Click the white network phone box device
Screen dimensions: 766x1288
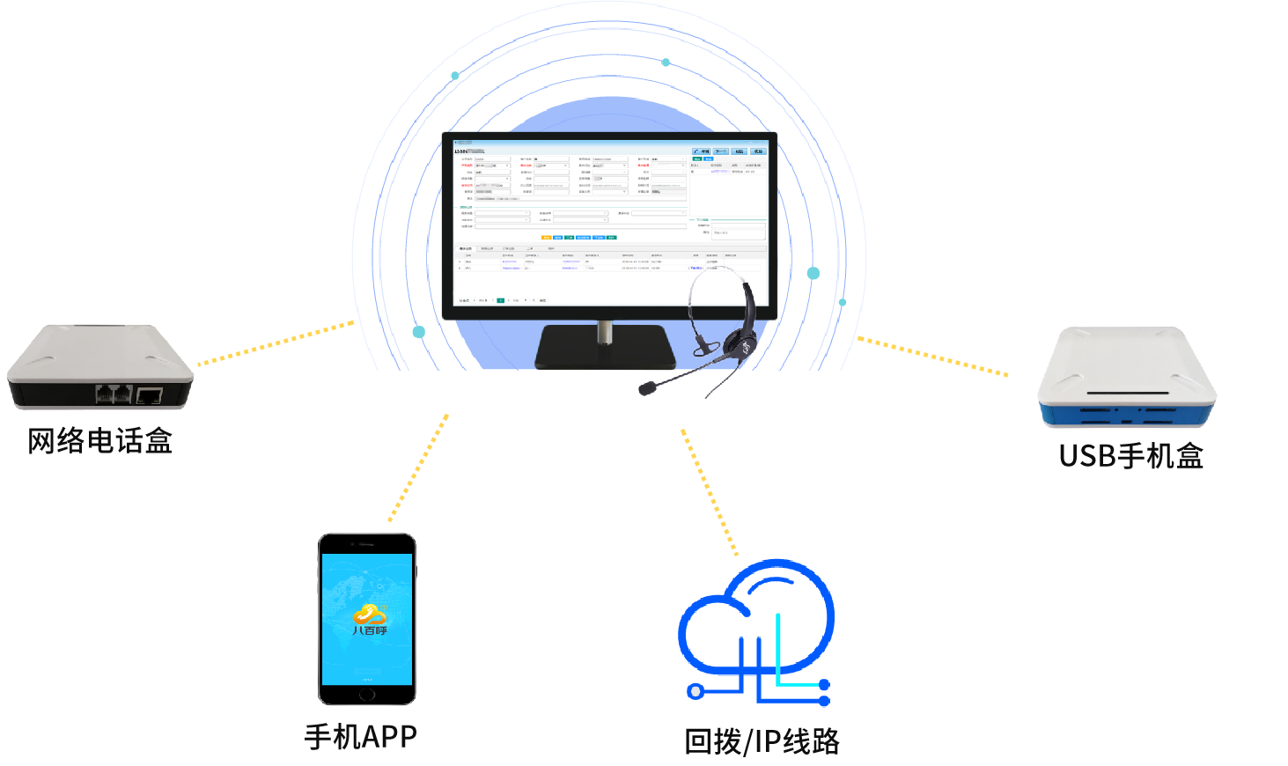click(99, 365)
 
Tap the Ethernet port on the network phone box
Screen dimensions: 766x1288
click(149, 395)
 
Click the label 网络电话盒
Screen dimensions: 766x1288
click(99, 440)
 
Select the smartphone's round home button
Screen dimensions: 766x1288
click(366, 694)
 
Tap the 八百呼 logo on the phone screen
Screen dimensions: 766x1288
click(370, 618)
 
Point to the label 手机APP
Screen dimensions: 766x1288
click(361, 737)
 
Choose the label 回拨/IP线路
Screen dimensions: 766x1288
click(762, 741)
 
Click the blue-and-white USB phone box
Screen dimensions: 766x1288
click(1127, 379)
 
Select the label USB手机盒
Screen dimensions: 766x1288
click(1131, 455)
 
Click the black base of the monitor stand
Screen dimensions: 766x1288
click(605, 348)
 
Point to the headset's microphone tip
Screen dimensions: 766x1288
click(648, 387)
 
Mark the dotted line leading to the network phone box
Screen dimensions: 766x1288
click(276, 342)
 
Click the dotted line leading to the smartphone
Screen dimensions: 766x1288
click(419, 467)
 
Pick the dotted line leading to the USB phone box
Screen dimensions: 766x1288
click(933, 357)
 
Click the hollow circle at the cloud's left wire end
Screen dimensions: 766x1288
click(696, 692)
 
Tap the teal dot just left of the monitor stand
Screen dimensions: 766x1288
click(419, 332)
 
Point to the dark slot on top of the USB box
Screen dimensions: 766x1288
click(1128, 393)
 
